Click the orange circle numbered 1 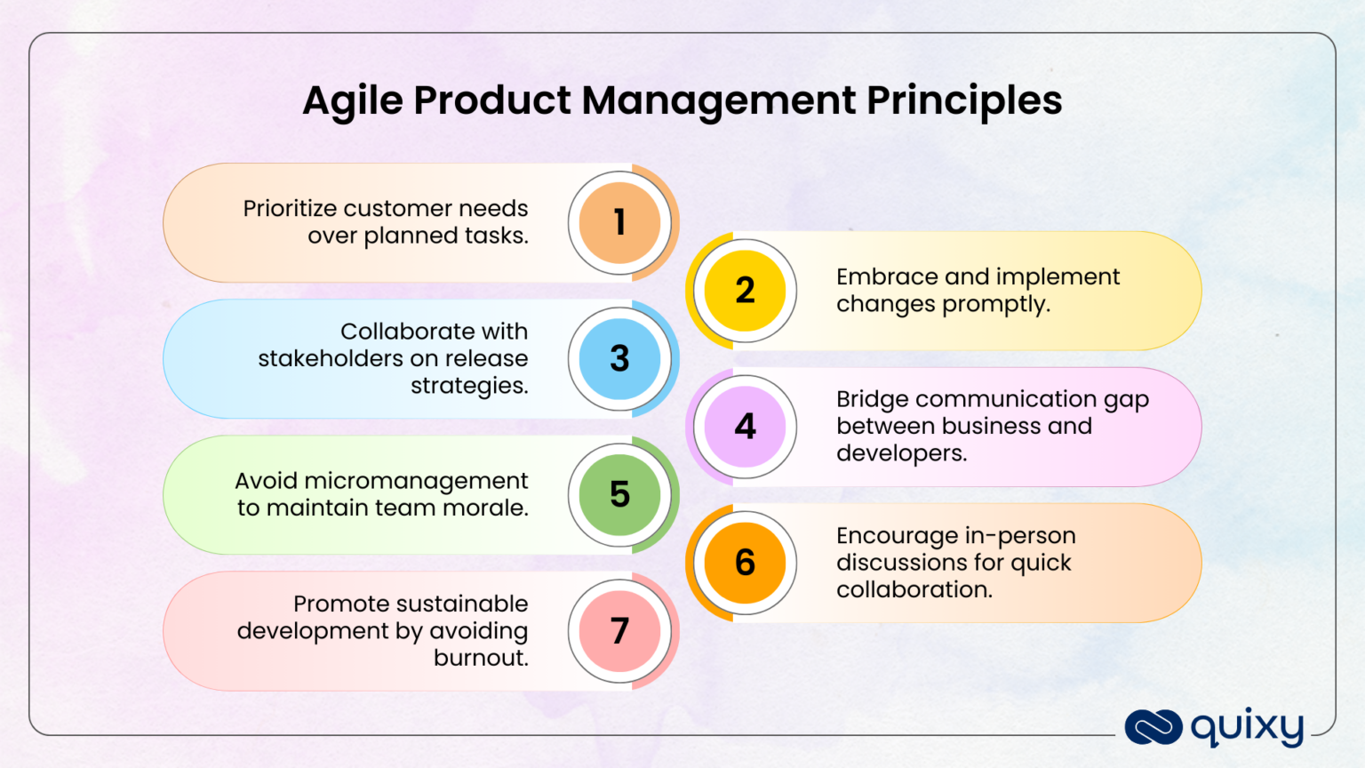[x=619, y=222]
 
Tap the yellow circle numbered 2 [x=745, y=291]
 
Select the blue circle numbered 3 [x=619, y=358]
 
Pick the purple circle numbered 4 [x=745, y=427]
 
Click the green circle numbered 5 [x=619, y=494]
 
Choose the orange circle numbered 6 [x=745, y=563]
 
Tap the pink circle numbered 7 [x=619, y=630]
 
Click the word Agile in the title [x=353, y=101]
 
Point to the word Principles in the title [x=964, y=101]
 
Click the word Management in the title [x=718, y=101]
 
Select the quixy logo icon [x=1153, y=727]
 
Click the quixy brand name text [x=1247, y=728]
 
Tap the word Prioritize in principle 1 [x=289, y=208]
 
